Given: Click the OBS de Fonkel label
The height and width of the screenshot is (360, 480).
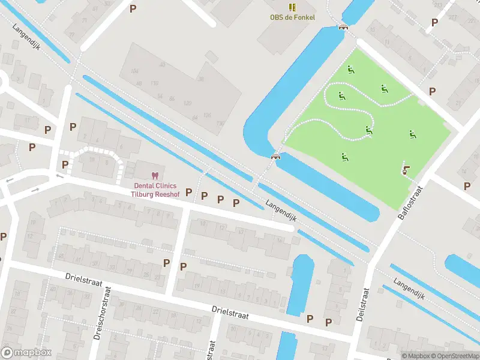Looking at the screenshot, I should click(292, 17).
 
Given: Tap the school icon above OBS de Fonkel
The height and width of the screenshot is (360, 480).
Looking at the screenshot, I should click(292, 7).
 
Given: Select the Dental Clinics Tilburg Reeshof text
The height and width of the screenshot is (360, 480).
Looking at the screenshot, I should click(155, 189).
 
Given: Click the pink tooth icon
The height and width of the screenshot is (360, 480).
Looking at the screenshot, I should click(155, 175).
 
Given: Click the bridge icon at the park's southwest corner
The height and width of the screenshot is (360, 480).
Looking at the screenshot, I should click(276, 156).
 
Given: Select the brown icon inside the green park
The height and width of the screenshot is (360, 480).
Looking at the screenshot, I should click(406, 169).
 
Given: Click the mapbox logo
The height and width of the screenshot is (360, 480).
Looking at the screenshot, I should click(26, 352).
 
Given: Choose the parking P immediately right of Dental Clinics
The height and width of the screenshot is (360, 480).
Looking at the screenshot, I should click(188, 192).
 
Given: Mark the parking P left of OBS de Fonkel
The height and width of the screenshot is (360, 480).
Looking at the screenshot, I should click(133, 8).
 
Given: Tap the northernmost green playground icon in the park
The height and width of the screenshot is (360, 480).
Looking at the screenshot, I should click(350, 70).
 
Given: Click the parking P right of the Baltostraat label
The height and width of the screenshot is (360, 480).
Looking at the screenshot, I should click(467, 186).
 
